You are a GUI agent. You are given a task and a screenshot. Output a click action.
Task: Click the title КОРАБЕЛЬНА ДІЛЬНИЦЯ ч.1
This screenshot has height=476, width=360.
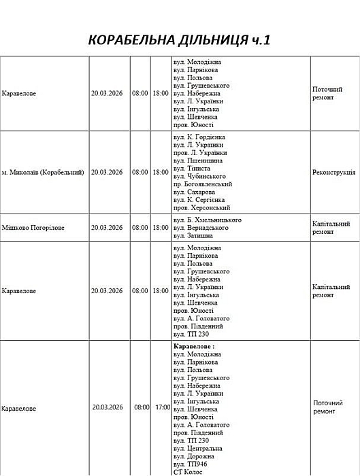180,40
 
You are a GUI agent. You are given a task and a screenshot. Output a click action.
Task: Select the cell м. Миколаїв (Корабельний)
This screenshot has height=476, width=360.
43,173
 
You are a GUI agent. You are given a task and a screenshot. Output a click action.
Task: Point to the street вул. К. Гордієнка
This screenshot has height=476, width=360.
199,137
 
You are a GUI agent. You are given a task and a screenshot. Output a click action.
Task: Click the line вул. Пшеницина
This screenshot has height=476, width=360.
198,160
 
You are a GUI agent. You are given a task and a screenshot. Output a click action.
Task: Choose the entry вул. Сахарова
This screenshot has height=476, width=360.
195,192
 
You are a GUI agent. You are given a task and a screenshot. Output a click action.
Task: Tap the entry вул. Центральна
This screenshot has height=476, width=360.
199,449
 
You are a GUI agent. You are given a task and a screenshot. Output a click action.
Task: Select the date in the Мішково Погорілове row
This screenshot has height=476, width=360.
107,228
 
